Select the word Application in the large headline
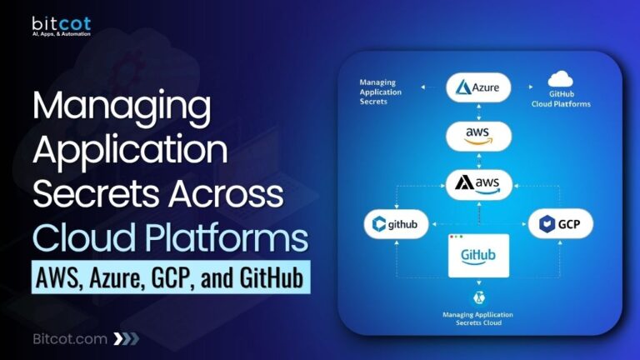click(128, 152)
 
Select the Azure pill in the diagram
click(478, 87)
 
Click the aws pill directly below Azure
click(478, 135)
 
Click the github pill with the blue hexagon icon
click(397, 223)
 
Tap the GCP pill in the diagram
click(559, 223)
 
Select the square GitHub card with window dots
click(478, 255)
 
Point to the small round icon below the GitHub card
click(478, 297)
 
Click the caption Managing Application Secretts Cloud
click(478, 319)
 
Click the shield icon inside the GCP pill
click(547, 223)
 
